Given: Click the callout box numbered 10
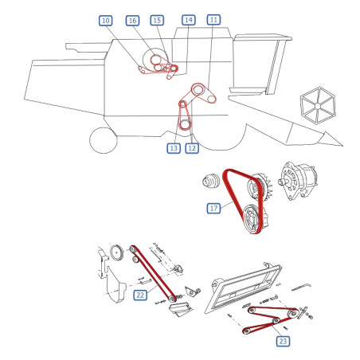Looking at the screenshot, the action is (x=106, y=21).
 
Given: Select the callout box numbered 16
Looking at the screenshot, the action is (x=132, y=21).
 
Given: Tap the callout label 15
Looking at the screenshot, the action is (x=157, y=20).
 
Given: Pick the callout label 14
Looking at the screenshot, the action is (x=189, y=20).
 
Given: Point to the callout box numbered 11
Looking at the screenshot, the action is (x=213, y=20).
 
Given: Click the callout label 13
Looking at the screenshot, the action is (x=174, y=148).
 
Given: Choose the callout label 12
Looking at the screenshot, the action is (x=192, y=148).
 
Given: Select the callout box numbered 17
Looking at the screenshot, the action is (x=213, y=208).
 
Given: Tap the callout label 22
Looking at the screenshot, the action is (x=140, y=295).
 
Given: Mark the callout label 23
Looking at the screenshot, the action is (x=283, y=341).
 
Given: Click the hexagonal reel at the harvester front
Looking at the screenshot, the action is (x=318, y=105).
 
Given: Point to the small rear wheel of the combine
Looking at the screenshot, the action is (x=104, y=140).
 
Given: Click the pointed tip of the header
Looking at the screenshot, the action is (x=342, y=146).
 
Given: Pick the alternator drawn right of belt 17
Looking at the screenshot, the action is (x=297, y=180).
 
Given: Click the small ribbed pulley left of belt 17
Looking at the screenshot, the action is (x=211, y=181).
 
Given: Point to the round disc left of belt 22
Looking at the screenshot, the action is (x=117, y=252).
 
